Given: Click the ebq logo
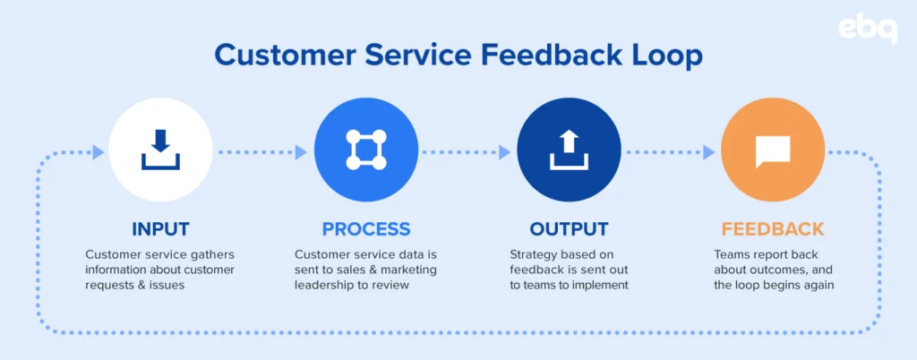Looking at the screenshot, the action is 867,30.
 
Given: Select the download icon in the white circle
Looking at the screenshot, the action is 161,150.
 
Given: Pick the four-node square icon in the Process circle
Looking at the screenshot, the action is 366,150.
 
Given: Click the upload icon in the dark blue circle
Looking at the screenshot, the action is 569,150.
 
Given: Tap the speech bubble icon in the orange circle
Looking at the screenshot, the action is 773,150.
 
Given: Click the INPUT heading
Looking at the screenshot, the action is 161,229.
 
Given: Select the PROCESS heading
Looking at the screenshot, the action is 366,229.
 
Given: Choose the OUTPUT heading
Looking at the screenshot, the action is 569,229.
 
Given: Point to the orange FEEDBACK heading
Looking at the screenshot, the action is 773,229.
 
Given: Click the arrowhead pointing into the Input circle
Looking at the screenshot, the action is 99,152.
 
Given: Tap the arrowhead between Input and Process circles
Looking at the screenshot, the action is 301,152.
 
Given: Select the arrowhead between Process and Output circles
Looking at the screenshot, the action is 504,152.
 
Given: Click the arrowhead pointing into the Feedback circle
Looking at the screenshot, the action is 709,152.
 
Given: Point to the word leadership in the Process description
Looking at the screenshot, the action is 321,285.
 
